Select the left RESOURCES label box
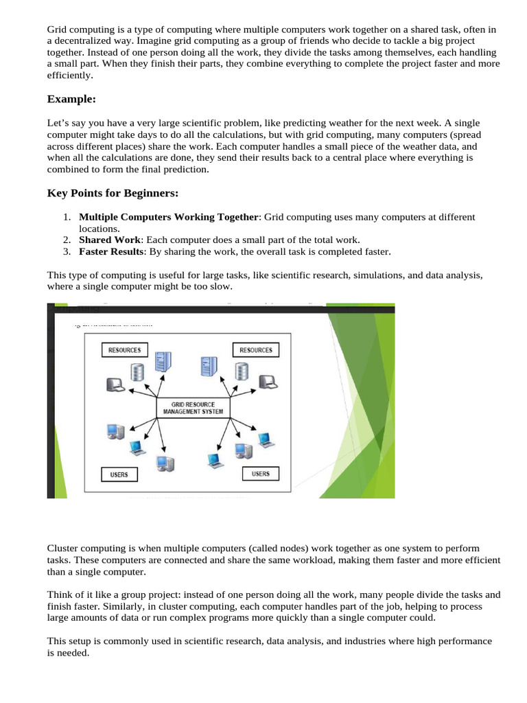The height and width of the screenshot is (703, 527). [125, 350]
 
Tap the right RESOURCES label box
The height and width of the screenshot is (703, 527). [256, 350]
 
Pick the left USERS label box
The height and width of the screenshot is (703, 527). [119, 474]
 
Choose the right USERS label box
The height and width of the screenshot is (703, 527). [261, 474]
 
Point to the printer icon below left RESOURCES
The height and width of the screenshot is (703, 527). [114, 384]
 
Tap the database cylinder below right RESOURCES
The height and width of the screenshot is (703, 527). [241, 371]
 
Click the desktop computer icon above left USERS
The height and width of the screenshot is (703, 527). [115, 432]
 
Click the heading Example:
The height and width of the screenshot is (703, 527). [71, 100]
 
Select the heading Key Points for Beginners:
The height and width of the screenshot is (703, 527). [113, 193]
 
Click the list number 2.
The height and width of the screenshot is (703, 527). [66, 240]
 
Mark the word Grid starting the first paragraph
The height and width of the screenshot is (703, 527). [58, 30]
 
